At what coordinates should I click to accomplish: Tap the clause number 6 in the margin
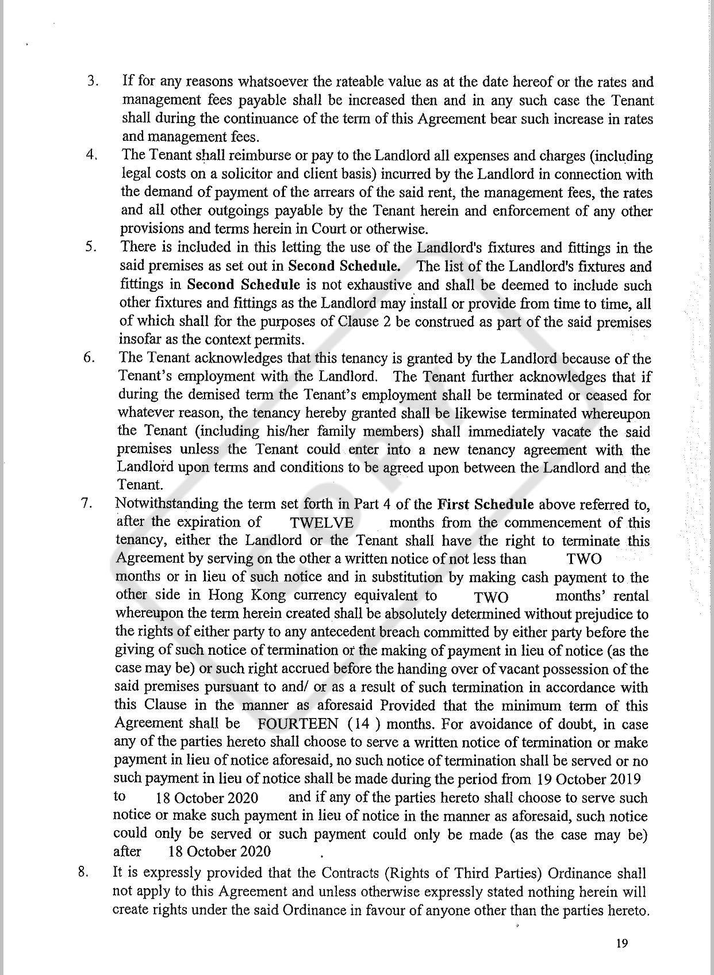[89, 357]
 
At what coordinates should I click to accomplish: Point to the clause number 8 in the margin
[83, 872]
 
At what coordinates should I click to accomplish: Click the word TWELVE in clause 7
[322, 523]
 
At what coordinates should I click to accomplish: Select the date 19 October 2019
[588, 779]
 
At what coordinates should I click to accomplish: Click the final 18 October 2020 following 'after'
[219, 851]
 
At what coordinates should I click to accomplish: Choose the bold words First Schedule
[486, 504]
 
